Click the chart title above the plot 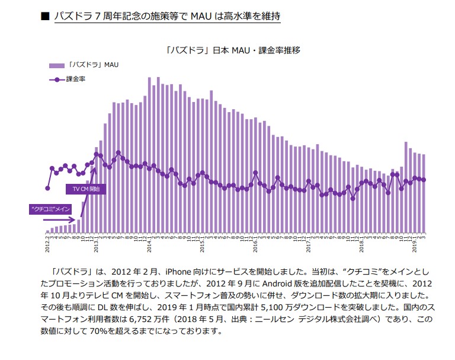click(x=233, y=50)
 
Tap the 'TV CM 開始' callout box click(x=86, y=189)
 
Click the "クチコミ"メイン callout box click(x=50, y=209)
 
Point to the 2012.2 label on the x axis click(x=47, y=243)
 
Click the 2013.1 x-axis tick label click(x=96, y=243)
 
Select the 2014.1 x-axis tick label click(x=149, y=243)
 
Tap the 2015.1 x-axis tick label click(x=202, y=243)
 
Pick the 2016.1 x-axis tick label click(x=255, y=243)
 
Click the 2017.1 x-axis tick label click(x=309, y=243)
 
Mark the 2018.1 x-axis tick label click(x=361, y=243)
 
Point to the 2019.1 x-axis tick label click(x=415, y=243)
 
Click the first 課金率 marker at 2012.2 click(x=47, y=189)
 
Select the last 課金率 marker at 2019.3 click(x=424, y=180)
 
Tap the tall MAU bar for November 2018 click(x=406, y=187)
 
